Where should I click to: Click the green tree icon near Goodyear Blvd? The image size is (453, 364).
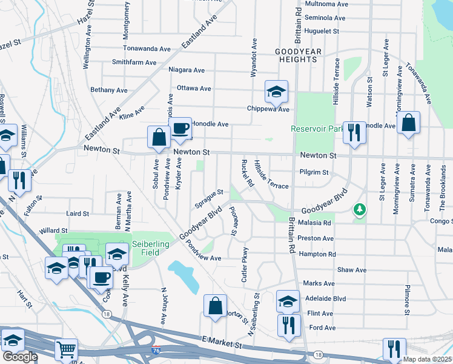[360, 209]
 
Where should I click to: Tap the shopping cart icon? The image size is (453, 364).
[65, 349]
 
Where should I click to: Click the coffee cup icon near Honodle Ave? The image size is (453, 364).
[180, 128]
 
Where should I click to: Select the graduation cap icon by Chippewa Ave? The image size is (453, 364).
[276, 92]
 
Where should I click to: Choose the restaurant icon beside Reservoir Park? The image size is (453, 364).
[354, 132]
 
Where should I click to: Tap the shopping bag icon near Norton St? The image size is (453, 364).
[215, 306]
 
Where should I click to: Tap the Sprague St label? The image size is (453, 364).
[209, 198]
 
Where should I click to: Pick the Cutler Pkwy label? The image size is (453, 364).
[245, 265]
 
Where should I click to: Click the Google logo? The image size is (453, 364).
[20, 357]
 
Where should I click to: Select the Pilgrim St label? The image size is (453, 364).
[314, 172]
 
